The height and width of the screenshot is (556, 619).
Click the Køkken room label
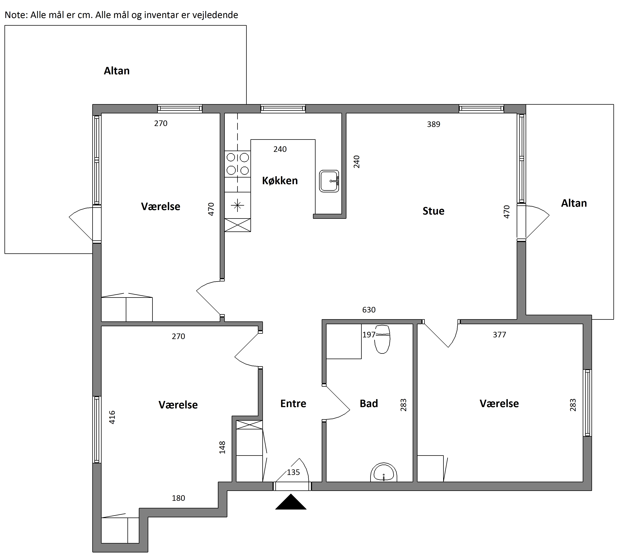coord(280,181)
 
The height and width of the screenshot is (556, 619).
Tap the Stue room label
coord(434,211)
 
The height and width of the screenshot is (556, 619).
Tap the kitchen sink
coord(329,181)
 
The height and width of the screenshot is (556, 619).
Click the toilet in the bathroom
coord(382,339)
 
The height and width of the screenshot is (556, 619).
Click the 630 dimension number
coord(369,310)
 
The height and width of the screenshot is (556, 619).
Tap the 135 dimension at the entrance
coord(293,472)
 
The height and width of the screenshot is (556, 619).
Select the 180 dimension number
coord(178,498)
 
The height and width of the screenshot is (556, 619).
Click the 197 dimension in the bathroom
coord(369,335)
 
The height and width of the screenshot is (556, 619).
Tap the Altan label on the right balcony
coord(574,203)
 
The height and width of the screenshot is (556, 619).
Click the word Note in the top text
coord(16,15)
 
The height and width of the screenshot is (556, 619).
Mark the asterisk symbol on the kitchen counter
coord(238,205)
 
